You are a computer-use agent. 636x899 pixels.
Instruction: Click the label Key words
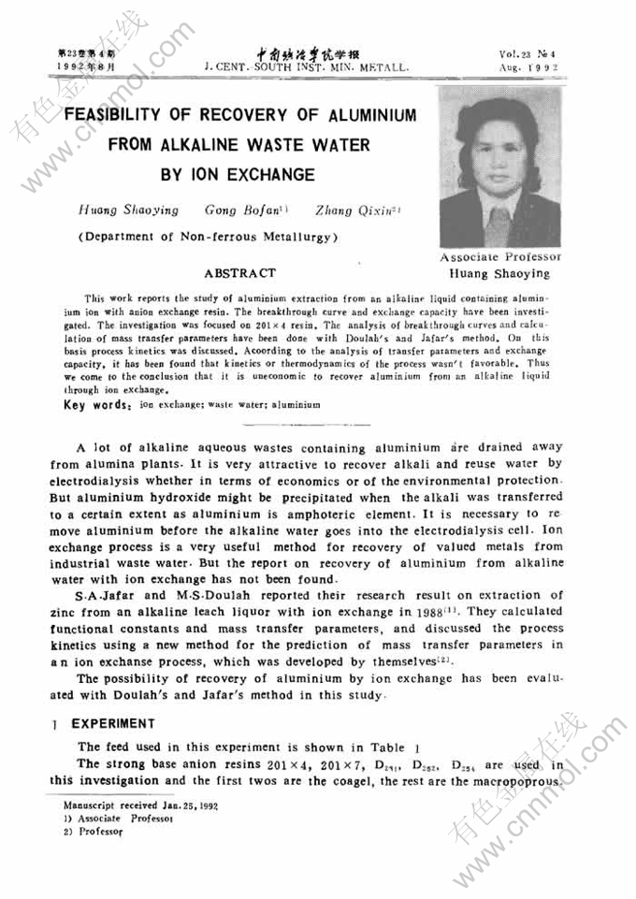(96, 405)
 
